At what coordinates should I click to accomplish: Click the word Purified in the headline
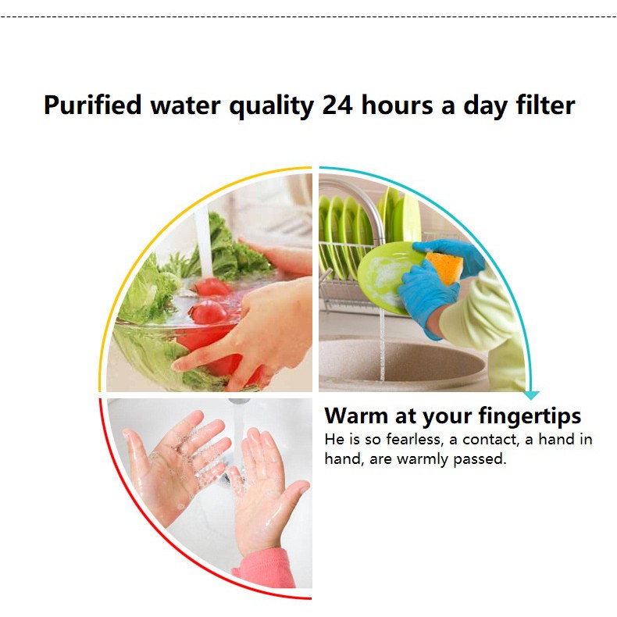click(92, 105)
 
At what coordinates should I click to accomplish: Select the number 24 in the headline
click(337, 105)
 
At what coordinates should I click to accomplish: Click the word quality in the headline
click(272, 106)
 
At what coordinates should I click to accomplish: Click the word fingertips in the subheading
click(530, 416)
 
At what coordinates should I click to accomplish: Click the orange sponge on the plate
click(444, 268)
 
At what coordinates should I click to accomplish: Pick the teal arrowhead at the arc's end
click(532, 395)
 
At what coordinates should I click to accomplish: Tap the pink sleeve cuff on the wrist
click(267, 568)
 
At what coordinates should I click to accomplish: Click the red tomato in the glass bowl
click(209, 312)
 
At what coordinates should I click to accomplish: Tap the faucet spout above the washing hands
click(239, 401)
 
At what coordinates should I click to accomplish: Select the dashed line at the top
click(308, 17)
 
